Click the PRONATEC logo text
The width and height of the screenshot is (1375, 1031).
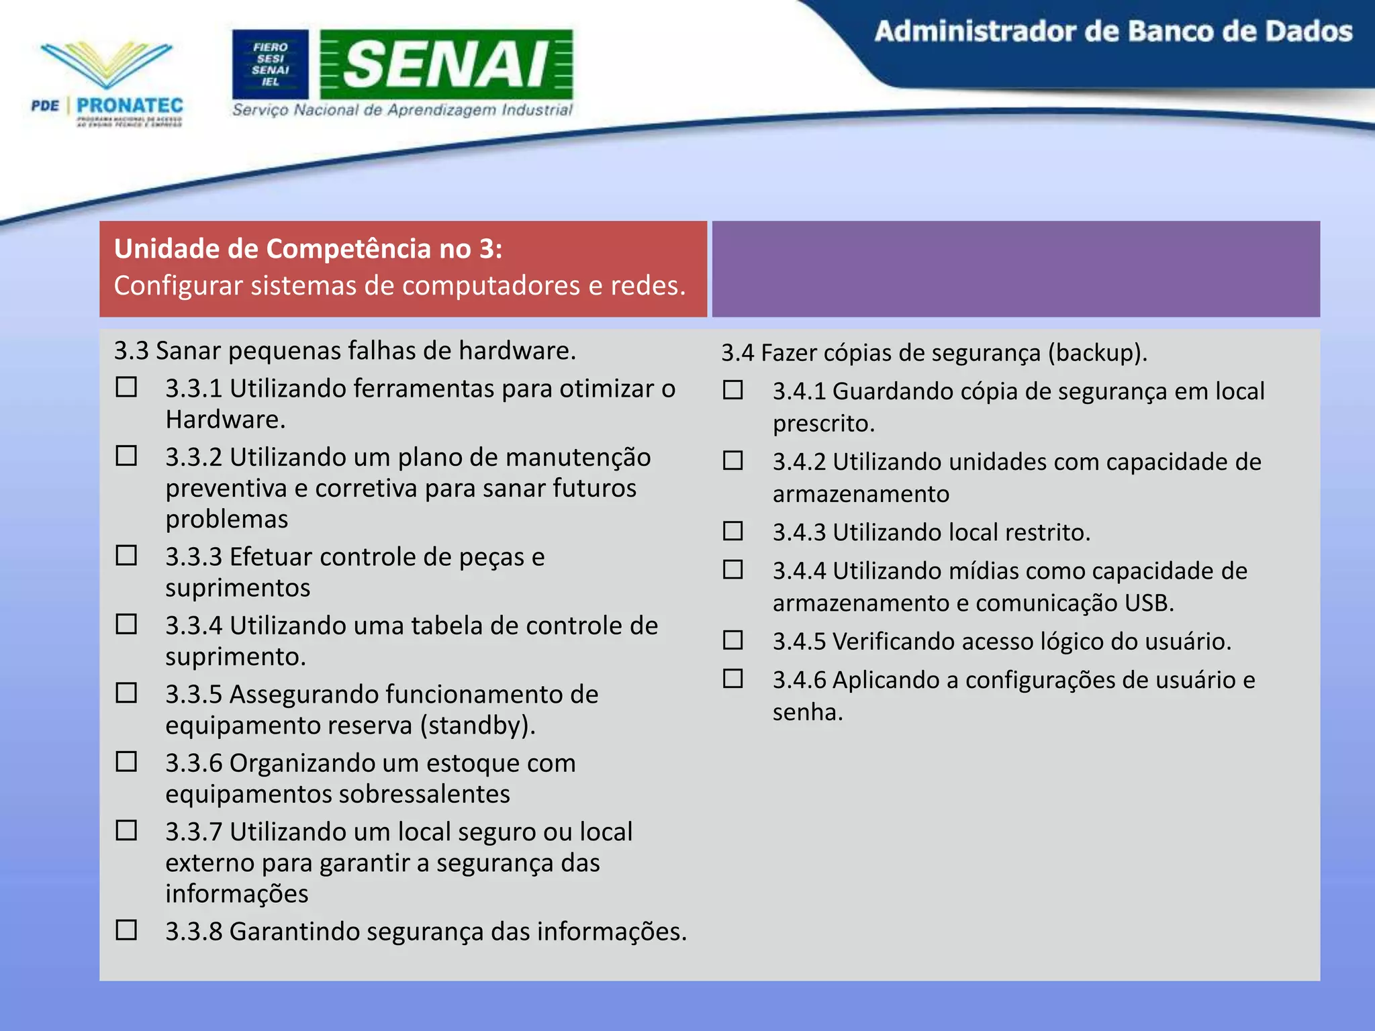coord(130,105)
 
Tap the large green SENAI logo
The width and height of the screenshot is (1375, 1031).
coord(446,64)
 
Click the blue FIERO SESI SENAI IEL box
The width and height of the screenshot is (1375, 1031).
coord(271,64)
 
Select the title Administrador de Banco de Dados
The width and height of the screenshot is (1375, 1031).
coord(1113,32)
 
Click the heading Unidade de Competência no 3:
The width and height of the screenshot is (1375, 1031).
coord(308,249)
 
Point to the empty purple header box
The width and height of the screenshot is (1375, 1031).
coord(1016,268)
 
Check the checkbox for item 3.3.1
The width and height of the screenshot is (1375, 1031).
coord(126,387)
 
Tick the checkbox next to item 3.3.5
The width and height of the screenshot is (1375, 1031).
coord(126,693)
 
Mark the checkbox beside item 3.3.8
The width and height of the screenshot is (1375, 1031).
coord(126,930)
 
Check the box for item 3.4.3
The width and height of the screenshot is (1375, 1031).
coord(733,531)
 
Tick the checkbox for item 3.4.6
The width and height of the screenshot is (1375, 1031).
coord(733,679)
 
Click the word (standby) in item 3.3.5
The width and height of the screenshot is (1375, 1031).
coord(478,726)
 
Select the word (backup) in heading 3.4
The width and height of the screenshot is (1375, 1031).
coord(1097,353)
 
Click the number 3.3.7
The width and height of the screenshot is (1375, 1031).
coord(193,832)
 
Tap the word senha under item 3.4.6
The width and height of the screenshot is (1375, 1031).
coord(807,711)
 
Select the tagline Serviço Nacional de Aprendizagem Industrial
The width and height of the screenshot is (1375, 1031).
coord(402,110)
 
